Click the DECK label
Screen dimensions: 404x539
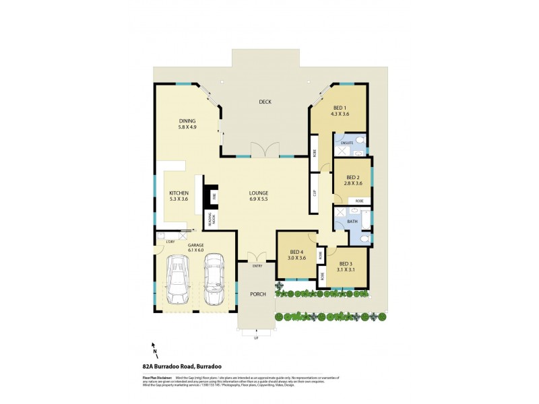(x=265, y=102)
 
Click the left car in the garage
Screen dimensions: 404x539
(x=179, y=280)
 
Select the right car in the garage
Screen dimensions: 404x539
(x=214, y=278)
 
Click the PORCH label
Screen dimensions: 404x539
(x=257, y=294)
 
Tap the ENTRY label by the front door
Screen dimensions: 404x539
(x=257, y=266)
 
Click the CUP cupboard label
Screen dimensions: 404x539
(x=315, y=192)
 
